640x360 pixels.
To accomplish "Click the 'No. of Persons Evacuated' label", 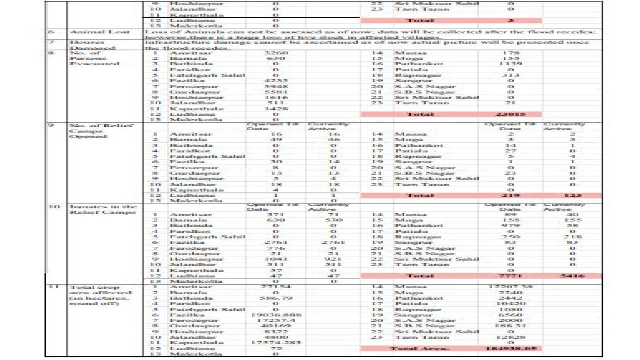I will [88, 58].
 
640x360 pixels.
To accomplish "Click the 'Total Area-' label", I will [413, 348].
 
